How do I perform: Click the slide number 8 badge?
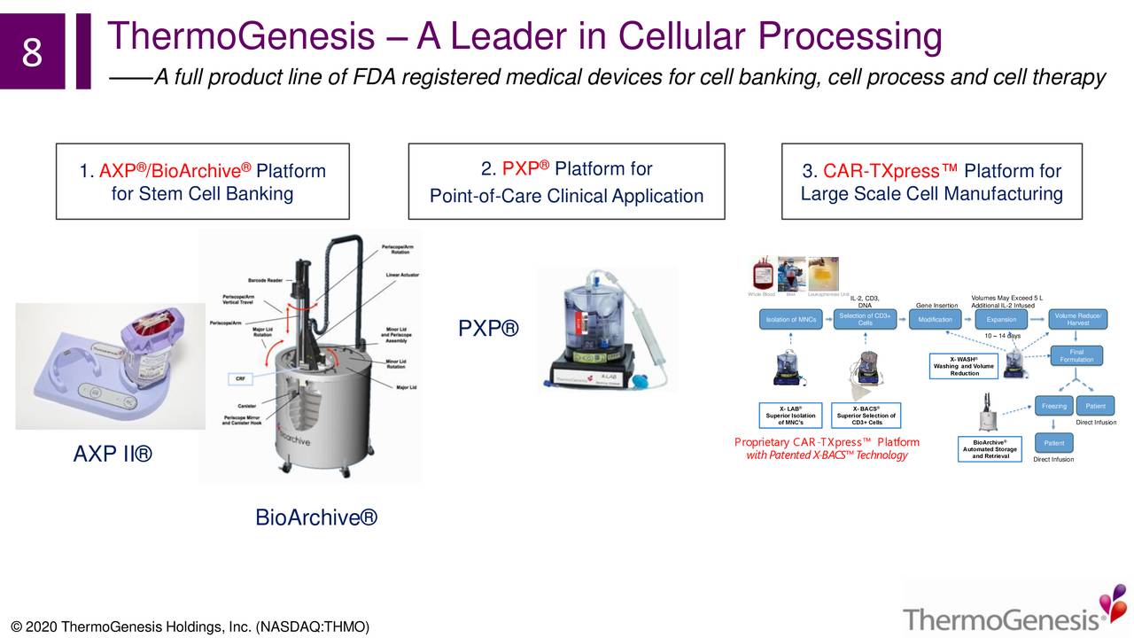point(32,51)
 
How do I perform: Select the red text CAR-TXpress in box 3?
point(890,171)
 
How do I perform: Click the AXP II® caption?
point(113,455)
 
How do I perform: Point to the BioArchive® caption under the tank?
point(316,517)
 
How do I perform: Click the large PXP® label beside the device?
point(488,330)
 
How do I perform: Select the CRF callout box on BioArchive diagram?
point(239,378)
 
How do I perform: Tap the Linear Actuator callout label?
point(401,275)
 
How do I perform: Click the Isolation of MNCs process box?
point(791,319)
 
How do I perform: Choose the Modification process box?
point(935,319)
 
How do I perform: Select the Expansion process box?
point(1001,319)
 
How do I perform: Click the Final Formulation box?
point(1076,355)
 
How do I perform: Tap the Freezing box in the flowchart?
point(1053,406)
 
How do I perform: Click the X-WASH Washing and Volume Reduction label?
point(964,366)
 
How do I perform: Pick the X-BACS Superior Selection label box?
point(866,415)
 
